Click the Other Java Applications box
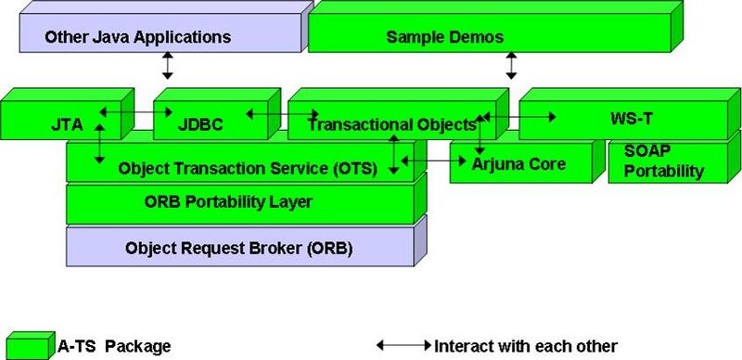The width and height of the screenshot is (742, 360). tap(138, 38)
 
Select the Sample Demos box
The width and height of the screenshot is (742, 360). tap(444, 38)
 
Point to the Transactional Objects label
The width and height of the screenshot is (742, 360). tap(390, 123)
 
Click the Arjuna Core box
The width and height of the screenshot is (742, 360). tap(518, 165)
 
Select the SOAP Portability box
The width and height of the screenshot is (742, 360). tap(664, 163)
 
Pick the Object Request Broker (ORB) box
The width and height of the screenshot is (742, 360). tap(238, 248)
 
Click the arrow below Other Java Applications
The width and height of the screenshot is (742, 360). tap(168, 66)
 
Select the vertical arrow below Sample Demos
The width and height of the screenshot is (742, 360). tap(511, 66)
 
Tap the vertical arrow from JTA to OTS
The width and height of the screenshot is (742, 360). tap(100, 141)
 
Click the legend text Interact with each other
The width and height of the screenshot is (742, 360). tap(525, 345)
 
